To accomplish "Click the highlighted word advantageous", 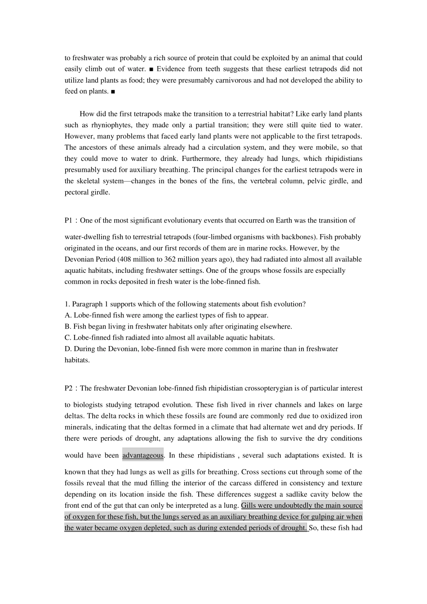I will (x=142, y=455).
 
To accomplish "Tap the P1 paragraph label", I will (x=68, y=220).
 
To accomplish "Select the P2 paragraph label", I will (x=68, y=388).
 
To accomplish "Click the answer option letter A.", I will (x=67, y=315).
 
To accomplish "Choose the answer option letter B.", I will (x=67, y=326).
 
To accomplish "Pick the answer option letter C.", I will (x=67, y=338).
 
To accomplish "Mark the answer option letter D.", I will (x=67, y=349).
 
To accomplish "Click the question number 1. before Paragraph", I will (x=67, y=304).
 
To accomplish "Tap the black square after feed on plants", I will (x=113, y=91).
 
